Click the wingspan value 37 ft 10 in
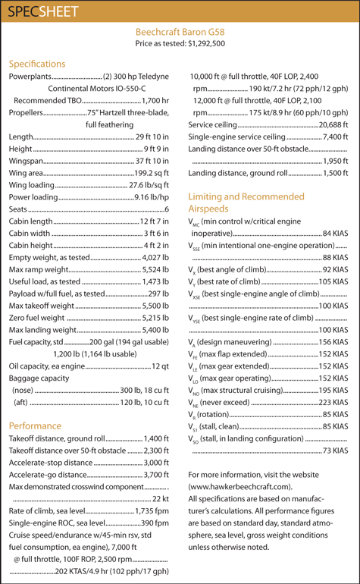[152, 161]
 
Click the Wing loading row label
[30, 185]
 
